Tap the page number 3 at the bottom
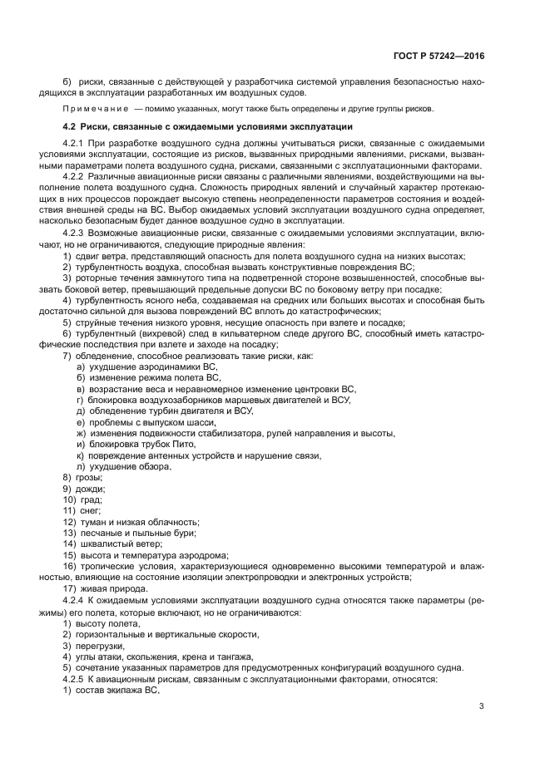coord(481,706)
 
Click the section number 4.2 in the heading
coord(70,126)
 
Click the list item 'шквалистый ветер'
coord(118,544)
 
